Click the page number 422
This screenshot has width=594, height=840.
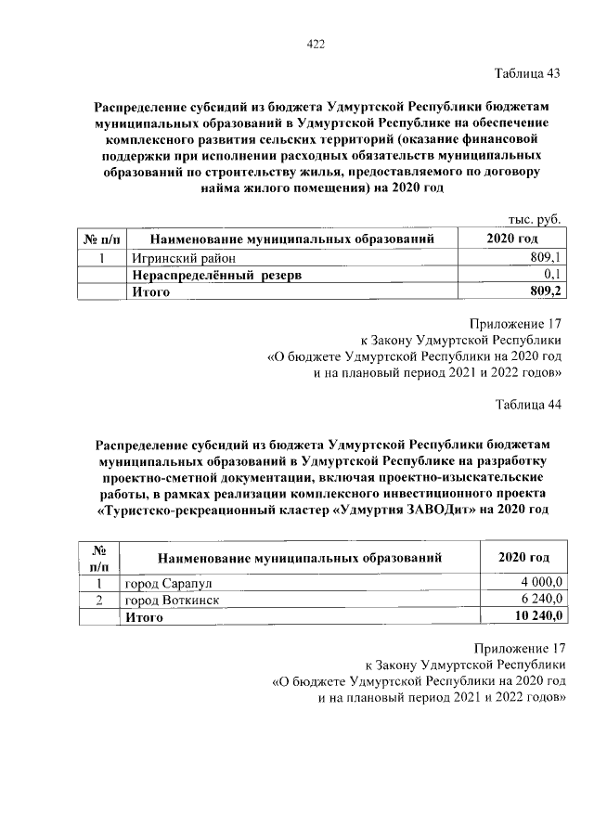[x=316, y=44]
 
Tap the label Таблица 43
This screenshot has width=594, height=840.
[x=527, y=73]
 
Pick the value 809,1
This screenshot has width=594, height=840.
[x=546, y=257]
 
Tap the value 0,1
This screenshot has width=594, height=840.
[x=553, y=275]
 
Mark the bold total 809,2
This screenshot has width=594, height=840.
[x=546, y=291]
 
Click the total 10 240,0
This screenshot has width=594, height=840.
[x=538, y=617]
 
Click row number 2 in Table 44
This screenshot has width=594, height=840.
[x=97, y=601]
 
